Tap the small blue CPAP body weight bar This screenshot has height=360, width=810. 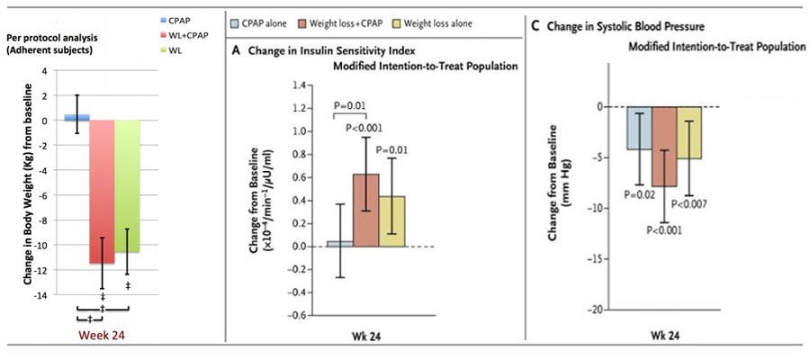(76, 117)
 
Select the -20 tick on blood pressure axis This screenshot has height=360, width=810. (606, 309)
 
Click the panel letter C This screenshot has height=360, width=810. (537, 24)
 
